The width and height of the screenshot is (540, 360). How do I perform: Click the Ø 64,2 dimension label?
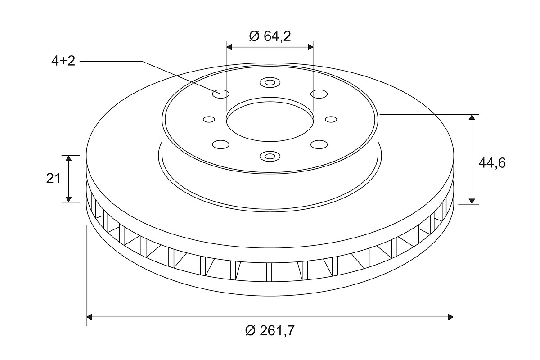point(270,36)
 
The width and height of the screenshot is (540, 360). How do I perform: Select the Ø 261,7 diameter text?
point(270,330)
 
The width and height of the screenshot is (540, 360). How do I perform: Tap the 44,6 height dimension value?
point(492,163)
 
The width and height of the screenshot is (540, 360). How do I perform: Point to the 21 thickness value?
point(53,179)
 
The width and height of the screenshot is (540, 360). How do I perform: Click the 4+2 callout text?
point(63,61)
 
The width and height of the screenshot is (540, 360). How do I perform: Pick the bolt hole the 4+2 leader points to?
point(221,94)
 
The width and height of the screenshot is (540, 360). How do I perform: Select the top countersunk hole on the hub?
point(270,83)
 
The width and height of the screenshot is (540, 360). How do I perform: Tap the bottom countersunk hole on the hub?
point(270,156)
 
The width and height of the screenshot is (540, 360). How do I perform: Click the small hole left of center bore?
point(209,119)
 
